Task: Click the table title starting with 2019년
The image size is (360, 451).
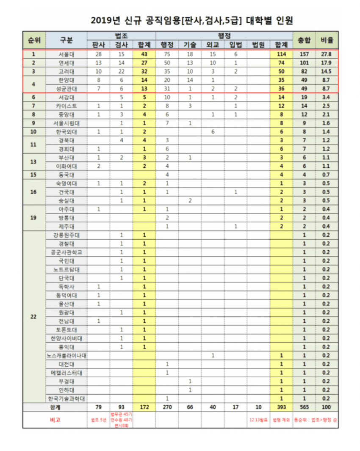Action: tap(192, 20)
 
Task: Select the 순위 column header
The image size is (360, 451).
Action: tap(34, 40)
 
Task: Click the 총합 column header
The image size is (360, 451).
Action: tap(304, 40)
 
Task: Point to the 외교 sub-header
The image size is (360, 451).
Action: tap(213, 45)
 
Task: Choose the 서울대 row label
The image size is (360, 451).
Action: tap(66, 54)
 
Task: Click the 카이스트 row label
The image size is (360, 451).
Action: tap(66, 105)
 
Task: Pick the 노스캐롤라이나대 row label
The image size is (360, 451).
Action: tap(66, 355)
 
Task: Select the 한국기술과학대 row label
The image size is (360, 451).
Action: tap(66, 398)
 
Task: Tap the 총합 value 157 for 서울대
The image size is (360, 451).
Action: tap(304, 54)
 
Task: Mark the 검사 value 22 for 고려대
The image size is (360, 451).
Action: tap(122, 71)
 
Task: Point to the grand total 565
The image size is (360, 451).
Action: tap(304, 407)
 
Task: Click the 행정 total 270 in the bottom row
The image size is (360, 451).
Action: tap(167, 407)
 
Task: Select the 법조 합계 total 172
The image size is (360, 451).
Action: tap(144, 407)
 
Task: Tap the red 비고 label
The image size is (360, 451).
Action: tap(55, 420)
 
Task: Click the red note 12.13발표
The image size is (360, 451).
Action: tap(258, 420)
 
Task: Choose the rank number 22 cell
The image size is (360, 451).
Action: tap(34, 316)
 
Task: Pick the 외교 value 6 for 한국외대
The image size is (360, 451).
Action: tap(213, 131)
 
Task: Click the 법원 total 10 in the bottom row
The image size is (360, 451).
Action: tap(258, 407)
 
